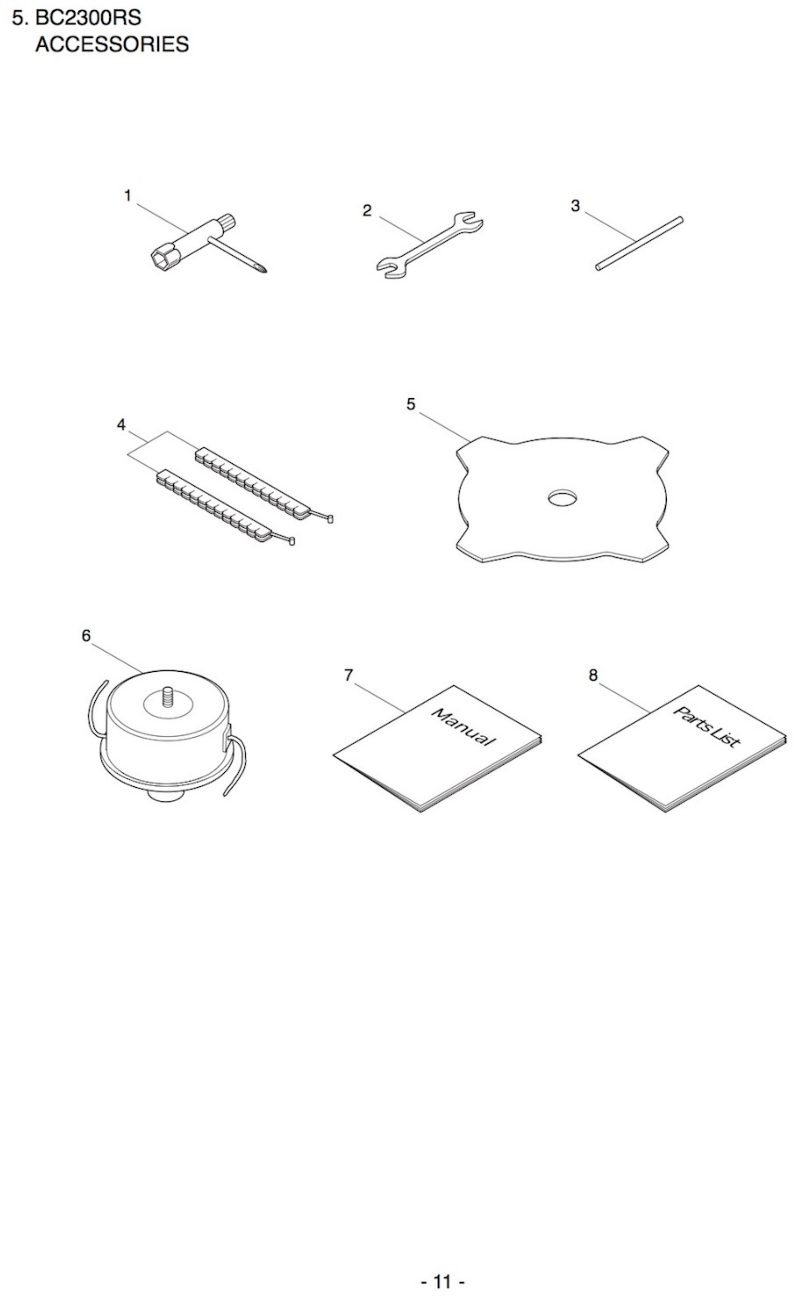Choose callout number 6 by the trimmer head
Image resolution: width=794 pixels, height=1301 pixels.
(x=86, y=636)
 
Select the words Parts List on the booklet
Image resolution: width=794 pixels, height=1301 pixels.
(x=706, y=728)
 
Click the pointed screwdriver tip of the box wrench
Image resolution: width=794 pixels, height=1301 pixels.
(x=262, y=269)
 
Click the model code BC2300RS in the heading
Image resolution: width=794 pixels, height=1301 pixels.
(x=88, y=18)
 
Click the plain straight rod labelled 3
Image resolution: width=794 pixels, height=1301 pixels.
(x=639, y=243)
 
